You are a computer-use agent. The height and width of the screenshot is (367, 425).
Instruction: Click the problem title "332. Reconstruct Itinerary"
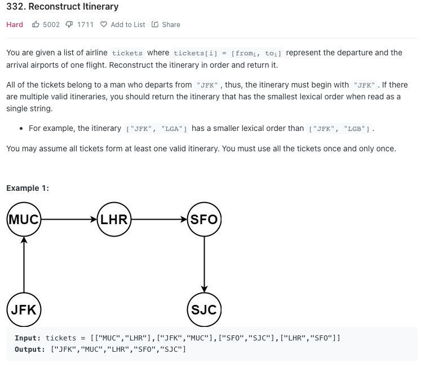pyautogui.click(x=63, y=7)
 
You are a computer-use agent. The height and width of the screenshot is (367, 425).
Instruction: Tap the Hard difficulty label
pyautogui.click(x=15, y=25)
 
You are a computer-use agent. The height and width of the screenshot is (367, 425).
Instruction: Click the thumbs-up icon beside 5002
pyautogui.click(x=36, y=25)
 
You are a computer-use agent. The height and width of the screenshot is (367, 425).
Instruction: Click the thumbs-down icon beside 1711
pyautogui.click(x=69, y=25)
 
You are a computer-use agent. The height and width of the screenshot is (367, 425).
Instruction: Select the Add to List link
pyautogui.click(x=122, y=25)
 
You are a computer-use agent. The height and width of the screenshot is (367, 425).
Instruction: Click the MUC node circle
pyautogui.click(x=24, y=220)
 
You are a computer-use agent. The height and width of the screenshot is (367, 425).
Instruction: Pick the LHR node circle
pyautogui.click(x=114, y=220)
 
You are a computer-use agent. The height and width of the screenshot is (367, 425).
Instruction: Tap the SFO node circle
pyautogui.click(x=204, y=220)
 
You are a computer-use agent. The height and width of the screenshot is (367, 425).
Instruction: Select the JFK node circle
pyautogui.click(x=24, y=310)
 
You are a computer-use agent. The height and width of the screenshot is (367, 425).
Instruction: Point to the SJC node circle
pyautogui.click(x=204, y=310)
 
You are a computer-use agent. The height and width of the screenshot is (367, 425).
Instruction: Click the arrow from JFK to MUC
pyautogui.click(x=24, y=265)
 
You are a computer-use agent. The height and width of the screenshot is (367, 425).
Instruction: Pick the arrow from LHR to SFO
pyautogui.click(x=159, y=220)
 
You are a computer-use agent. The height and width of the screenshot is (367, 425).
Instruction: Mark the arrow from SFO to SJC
pyautogui.click(x=204, y=265)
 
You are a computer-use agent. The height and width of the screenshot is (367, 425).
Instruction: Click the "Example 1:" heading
pyautogui.click(x=28, y=188)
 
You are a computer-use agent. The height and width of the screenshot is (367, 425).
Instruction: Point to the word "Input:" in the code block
pyautogui.click(x=28, y=338)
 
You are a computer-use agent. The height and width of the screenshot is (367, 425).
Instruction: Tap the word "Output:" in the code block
pyautogui.click(x=30, y=349)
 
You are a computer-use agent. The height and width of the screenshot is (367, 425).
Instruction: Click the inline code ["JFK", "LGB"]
pyautogui.click(x=340, y=129)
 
